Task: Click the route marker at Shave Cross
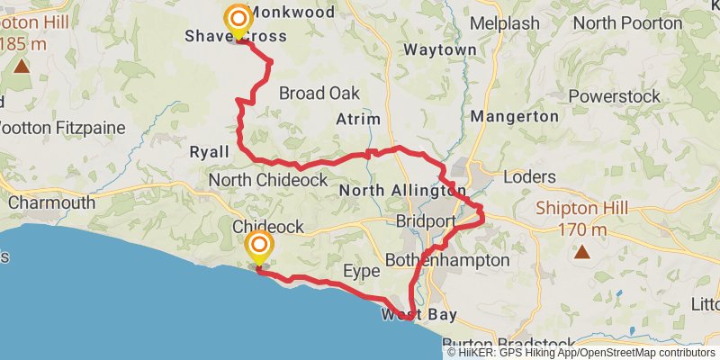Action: [238, 19]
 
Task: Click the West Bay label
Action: [418, 315]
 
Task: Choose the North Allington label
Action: [402, 191]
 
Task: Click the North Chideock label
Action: [267, 181]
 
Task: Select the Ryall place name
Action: [210, 152]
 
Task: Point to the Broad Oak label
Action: [319, 94]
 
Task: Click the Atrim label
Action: [358, 120]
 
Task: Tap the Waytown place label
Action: [440, 50]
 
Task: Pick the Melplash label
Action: [505, 23]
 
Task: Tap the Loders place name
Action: [529, 176]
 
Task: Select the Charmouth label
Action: [51, 202]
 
